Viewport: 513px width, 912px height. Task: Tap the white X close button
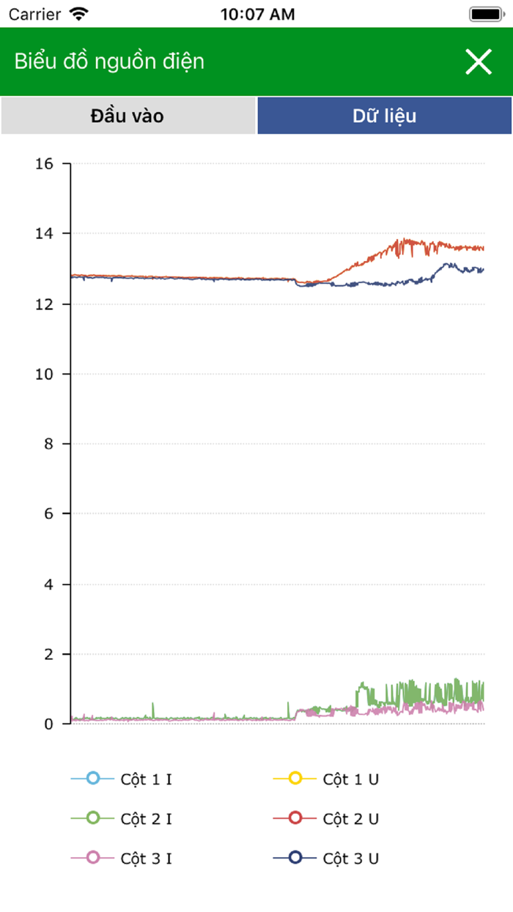tap(479, 62)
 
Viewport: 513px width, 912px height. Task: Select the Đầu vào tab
tap(128, 116)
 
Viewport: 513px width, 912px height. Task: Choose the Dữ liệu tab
tap(385, 116)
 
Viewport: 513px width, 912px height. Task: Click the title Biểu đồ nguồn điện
tap(109, 62)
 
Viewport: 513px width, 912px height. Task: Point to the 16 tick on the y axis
tap(44, 163)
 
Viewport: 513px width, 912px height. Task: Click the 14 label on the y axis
tap(44, 233)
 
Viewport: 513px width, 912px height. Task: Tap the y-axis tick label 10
tap(44, 374)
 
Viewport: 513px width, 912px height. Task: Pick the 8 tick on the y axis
tap(48, 444)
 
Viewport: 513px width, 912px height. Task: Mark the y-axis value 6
tap(48, 514)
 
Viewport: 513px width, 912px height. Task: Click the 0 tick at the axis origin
tap(48, 724)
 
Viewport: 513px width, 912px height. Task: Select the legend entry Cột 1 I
tap(146, 779)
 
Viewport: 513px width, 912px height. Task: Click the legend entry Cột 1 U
tap(350, 779)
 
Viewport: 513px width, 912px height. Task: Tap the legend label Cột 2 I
tap(146, 819)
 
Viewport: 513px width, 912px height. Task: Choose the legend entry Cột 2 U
tap(350, 819)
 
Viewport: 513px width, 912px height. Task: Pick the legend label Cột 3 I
tap(146, 858)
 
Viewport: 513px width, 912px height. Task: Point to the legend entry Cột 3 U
tap(350, 858)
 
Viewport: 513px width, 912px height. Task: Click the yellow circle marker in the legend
tap(295, 779)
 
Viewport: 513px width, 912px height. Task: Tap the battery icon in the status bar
tap(486, 14)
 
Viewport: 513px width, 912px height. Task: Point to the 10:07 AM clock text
tap(257, 14)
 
